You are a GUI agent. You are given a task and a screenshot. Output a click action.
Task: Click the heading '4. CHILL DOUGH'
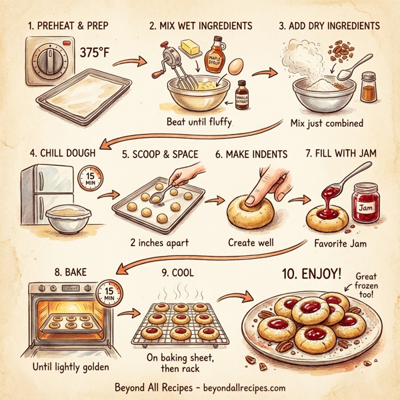(x=53, y=153)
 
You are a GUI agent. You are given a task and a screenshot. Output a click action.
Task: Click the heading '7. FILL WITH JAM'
(x=341, y=154)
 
